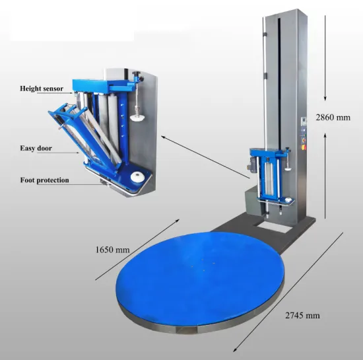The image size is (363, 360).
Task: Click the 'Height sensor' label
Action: (x=42, y=89)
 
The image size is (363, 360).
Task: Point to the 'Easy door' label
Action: (x=36, y=148)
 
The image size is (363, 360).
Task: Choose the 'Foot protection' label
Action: (x=44, y=180)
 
